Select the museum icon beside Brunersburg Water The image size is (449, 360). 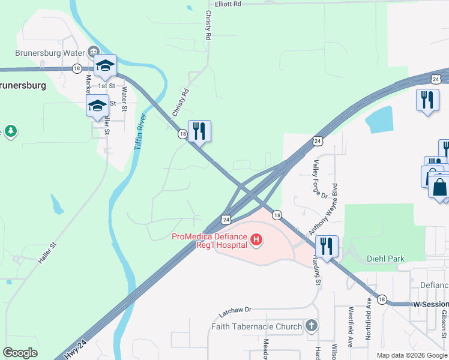(94, 52)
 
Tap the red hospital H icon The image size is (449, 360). (256, 241)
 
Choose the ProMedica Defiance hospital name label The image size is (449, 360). (209, 241)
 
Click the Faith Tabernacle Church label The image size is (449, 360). (256, 326)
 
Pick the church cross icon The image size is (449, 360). (311, 326)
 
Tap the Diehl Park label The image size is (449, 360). (385, 259)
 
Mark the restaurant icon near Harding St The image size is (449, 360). (327, 247)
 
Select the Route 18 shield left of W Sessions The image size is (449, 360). (382, 299)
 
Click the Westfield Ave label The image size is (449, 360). (351, 323)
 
